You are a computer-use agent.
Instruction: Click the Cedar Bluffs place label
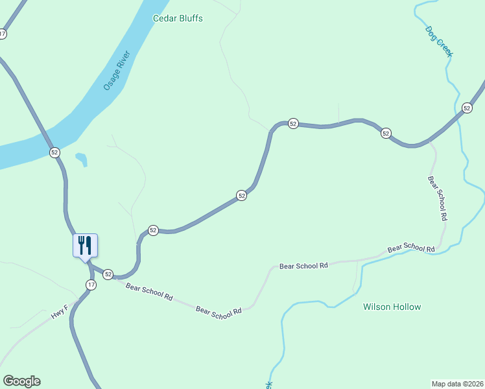(178, 18)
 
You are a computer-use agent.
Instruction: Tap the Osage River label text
(117, 71)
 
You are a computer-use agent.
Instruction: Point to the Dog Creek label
(438, 41)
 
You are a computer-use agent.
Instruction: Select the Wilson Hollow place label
(392, 307)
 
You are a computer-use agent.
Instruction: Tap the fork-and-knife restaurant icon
(84, 245)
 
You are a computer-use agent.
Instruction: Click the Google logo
(21, 381)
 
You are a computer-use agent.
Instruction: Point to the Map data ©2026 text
(457, 383)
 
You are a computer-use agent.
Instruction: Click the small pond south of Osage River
(81, 159)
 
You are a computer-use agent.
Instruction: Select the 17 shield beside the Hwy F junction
(91, 285)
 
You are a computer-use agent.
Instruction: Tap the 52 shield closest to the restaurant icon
(108, 274)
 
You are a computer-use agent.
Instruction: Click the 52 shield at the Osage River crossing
(54, 152)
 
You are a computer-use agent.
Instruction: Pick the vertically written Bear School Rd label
(438, 198)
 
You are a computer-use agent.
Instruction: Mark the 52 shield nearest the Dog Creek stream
(467, 108)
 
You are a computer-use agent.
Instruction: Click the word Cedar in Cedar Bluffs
(165, 18)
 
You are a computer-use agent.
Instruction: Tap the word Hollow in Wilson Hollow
(407, 307)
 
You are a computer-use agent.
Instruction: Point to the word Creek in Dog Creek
(444, 47)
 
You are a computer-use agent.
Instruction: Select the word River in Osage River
(124, 62)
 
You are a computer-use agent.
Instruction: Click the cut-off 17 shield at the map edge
(3, 34)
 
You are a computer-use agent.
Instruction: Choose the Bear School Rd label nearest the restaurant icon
(149, 292)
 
